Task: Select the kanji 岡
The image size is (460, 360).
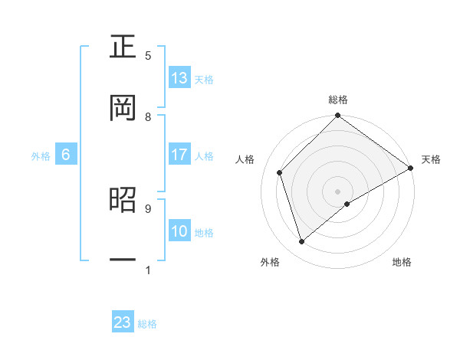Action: point(123,108)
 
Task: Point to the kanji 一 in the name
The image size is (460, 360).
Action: point(123,260)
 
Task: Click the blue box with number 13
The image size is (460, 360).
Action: point(179,77)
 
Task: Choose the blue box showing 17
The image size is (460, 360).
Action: point(179,155)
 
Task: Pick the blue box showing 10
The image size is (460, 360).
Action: point(179,231)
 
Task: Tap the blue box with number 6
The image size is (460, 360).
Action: point(66,155)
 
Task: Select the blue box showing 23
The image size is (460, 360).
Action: point(123,322)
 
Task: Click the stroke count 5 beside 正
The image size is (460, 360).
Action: point(148,56)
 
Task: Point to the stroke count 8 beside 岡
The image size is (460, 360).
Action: point(148,117)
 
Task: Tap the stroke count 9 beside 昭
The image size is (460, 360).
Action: point(148,208)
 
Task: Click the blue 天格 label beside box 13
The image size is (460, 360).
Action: point(204,79)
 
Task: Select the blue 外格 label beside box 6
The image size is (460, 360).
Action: point(41,156)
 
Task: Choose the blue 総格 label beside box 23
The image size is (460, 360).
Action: point(147,324)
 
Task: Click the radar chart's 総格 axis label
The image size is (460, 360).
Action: point(338,100)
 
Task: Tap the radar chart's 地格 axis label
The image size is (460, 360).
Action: point(402,263)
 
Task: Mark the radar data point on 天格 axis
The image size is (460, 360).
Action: point(411,168)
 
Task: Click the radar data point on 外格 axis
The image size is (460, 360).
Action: point(302,242)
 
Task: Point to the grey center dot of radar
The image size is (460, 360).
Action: point(338,191)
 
